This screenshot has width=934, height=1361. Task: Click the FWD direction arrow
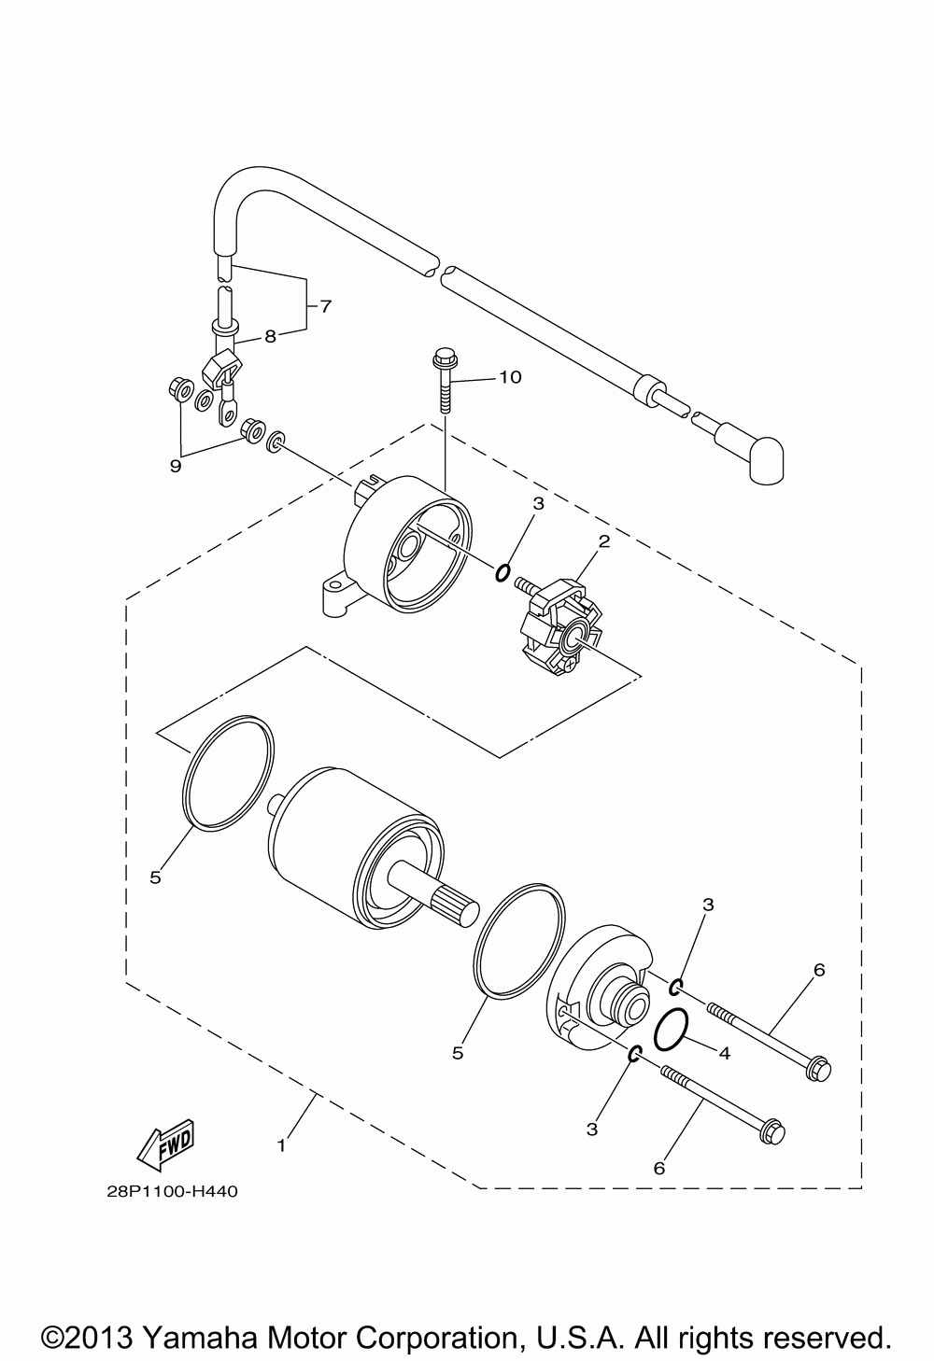(x=165, y=1144)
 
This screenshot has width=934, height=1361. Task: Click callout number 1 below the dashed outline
(x=282, y=1142)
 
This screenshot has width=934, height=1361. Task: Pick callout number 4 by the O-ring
(x=724, y=1051)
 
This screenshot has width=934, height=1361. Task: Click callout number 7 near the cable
(x=325, y=305)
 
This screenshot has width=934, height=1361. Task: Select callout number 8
(x=270, y=337)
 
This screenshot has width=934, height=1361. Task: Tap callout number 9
(x=176, y=464)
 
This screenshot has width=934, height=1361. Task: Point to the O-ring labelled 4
(x=672, y=1030)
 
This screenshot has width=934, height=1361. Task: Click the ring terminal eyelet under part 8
(x=226, y=410)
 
